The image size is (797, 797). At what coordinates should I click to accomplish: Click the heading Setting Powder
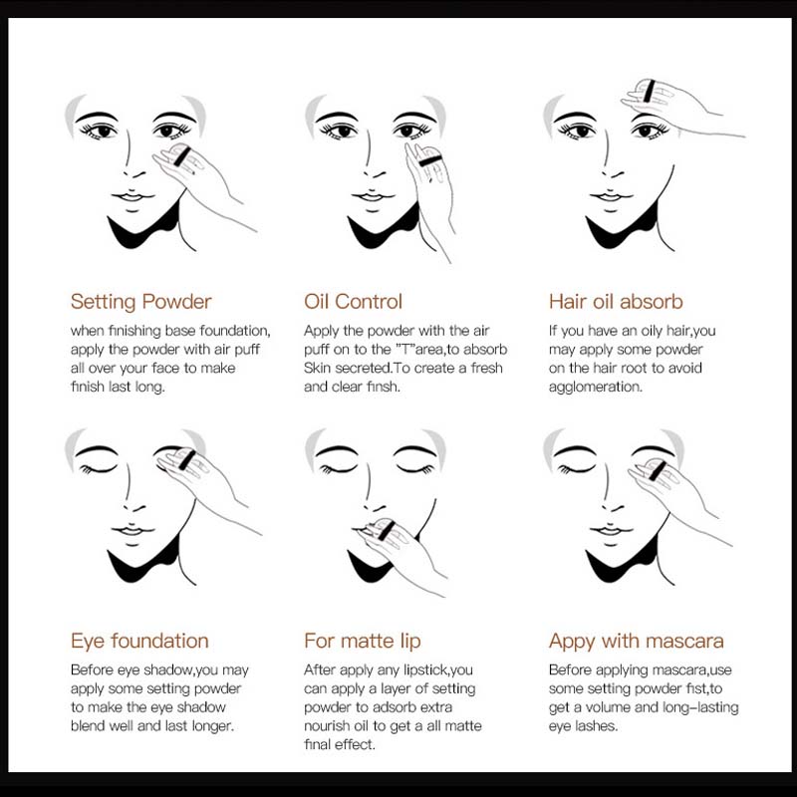(140, 302)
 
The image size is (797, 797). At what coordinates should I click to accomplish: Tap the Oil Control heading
(353, 302)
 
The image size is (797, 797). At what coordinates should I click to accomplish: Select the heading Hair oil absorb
(616, 302)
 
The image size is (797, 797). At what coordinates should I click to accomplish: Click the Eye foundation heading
(139, 641)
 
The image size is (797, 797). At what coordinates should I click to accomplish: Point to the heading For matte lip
(363, 641)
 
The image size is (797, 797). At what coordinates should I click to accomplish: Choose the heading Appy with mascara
(637, 642)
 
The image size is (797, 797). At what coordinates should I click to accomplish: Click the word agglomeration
(596, 388)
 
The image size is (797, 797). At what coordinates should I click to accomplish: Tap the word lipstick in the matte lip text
(426, 670)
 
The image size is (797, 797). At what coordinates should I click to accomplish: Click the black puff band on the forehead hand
(649, 91)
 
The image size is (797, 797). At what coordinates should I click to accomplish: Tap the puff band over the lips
(387, 531)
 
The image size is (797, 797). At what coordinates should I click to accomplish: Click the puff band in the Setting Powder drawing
(182, 157)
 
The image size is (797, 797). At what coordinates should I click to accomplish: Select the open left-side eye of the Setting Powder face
(99, 132)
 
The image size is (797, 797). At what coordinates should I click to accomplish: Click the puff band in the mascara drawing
(658, 470)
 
